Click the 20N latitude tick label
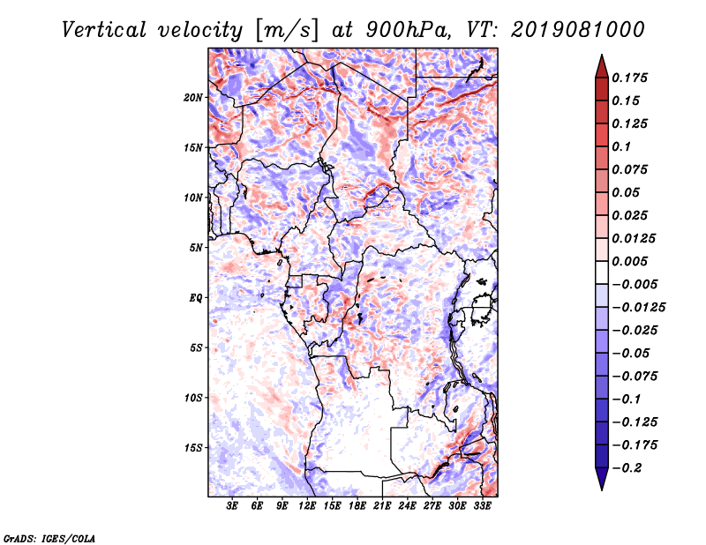[193, 98]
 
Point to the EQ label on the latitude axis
[196, 298]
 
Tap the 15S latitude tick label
[193, 448]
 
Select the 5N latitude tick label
[196, 248]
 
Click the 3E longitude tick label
[232, 506]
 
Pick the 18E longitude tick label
[357, 506]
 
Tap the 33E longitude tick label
[482, 506]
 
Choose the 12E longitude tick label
[307, 506]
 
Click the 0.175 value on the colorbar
[630, 78]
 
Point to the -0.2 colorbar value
[627, 468]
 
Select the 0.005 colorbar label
[630, 261]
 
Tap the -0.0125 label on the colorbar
[638, 308]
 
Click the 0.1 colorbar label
[621, 146]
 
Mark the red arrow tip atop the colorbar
[602, 56]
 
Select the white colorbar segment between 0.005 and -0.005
[602, 272]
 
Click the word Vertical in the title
[104, 30]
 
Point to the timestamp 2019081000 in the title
[578, 30]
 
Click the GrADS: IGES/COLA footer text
[49, 538]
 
